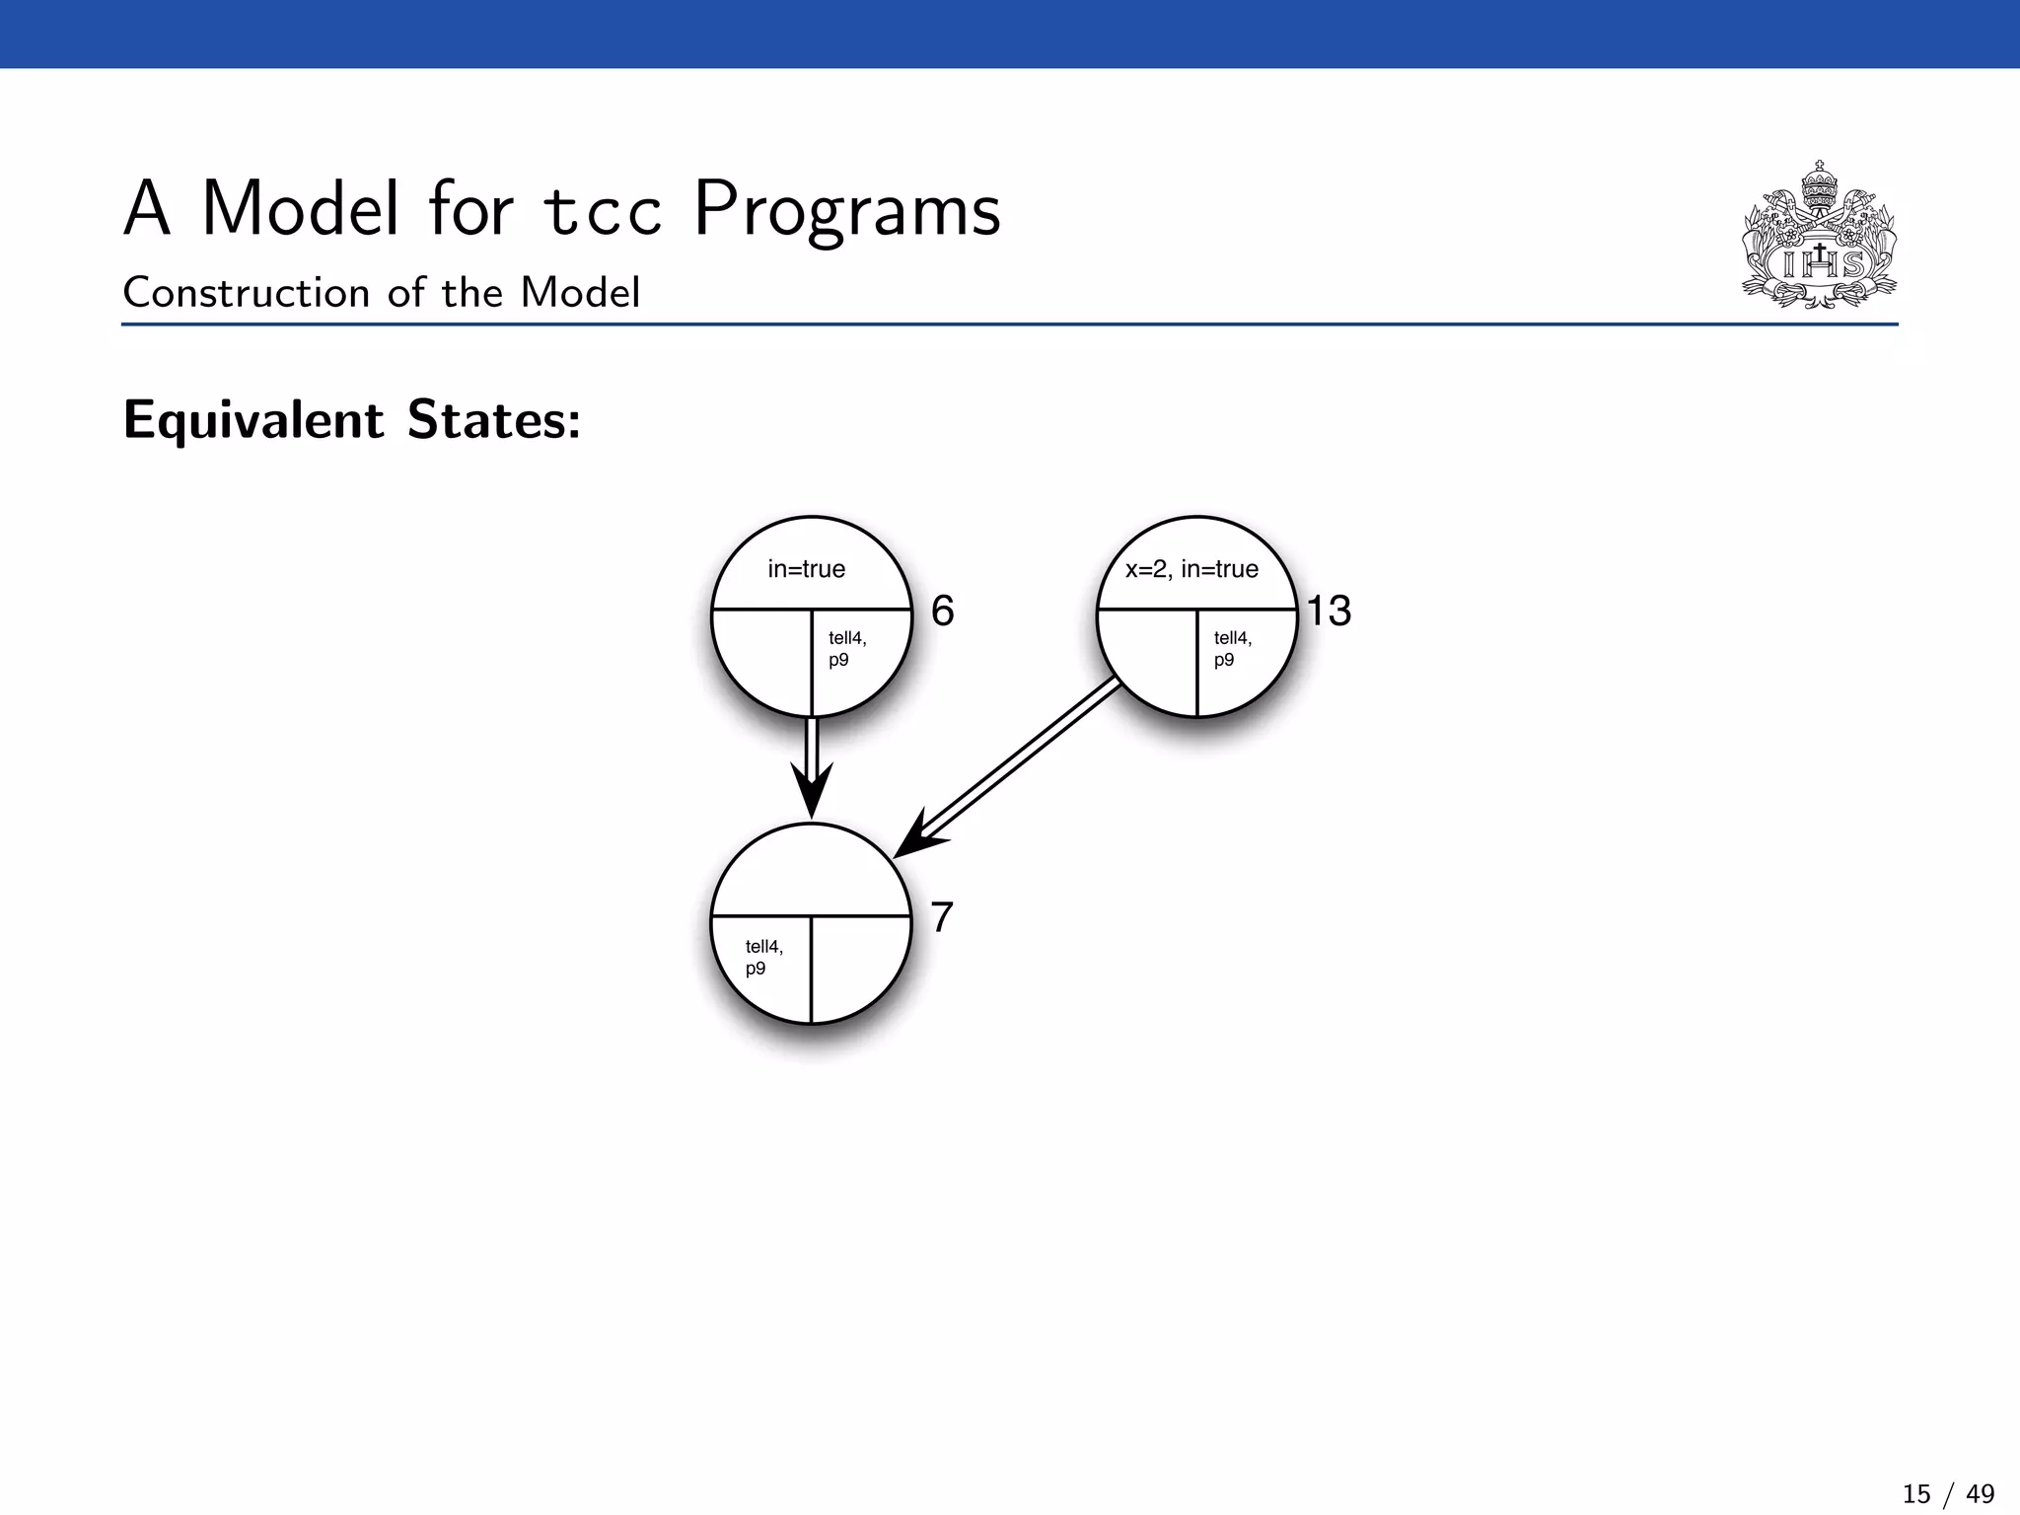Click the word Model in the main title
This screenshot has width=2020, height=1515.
coord(300,209)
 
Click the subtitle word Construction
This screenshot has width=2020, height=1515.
coord(246,293)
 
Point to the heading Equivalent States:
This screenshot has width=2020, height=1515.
coord(352,420)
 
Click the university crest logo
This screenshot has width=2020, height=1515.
coord(1819,237)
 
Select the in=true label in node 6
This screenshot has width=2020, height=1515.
coord(806,569)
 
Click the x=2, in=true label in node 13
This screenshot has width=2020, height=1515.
coord(1191,569)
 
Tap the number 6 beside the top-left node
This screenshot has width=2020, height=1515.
coord(943,612)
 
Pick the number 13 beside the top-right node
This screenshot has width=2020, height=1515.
coord(1329,612)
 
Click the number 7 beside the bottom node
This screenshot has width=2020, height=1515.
coord(942,918)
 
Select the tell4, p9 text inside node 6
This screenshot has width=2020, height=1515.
coord(846,649)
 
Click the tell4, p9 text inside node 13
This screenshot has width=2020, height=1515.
coord(1232,649)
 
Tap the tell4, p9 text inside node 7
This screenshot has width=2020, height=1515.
coord(763,958)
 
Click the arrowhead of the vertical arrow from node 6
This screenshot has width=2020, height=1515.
coord(812,791)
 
